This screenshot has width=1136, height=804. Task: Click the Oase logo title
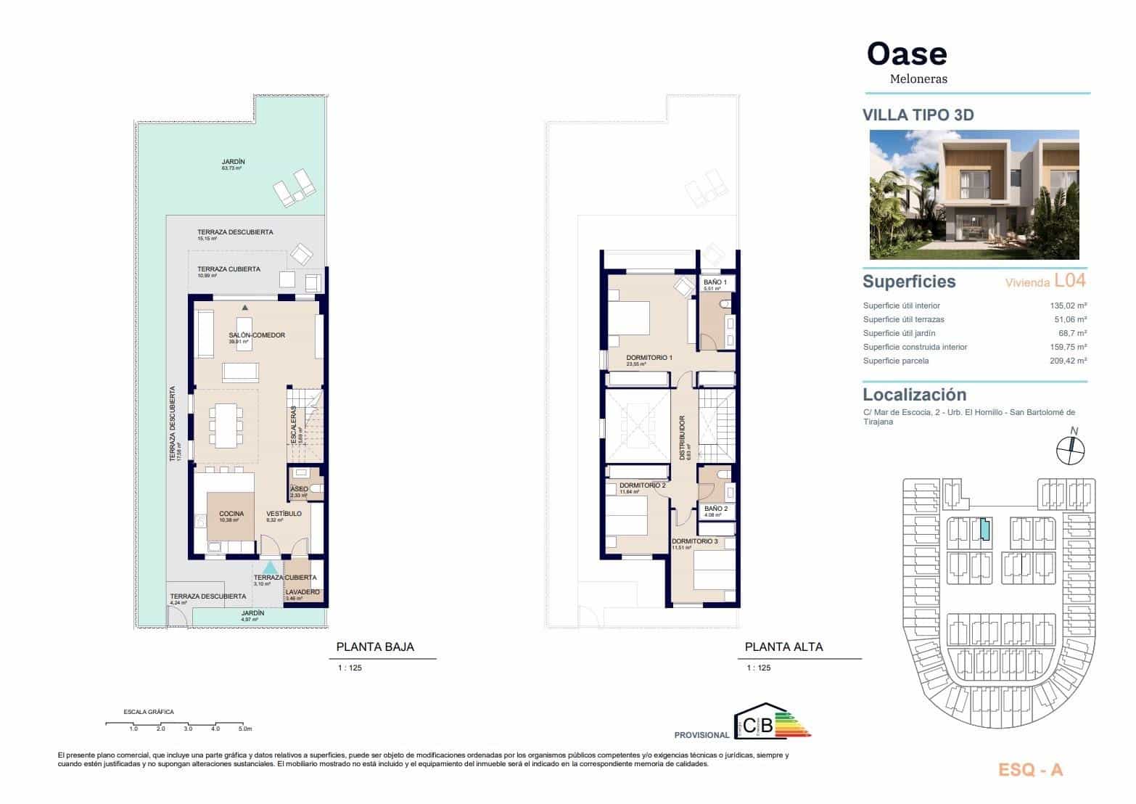pyautogui.click(x=907, y=54)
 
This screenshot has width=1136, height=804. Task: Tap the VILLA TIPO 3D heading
pyautogui.click(x=917, y=115)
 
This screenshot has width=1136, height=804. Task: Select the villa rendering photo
pyautogui.click(x=974, y=194)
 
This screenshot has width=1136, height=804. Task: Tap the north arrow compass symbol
pyautogui.click(x=1070, y=449)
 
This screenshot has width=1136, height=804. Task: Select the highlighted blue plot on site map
pyautogui.click(x=984, y=530)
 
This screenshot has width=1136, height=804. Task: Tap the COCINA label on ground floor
pyautogui.click(x=231, y=514)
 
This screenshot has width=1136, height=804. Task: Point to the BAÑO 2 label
pyautogui.click(x=715, y=509)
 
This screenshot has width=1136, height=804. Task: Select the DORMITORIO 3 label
pyautogui.click(x=693, y=541)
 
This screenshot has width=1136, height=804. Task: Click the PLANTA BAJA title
pyautogui.click(x=375, y=647)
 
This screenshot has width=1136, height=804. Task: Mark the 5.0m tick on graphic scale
pyautogui.click(x=244, y=728)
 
